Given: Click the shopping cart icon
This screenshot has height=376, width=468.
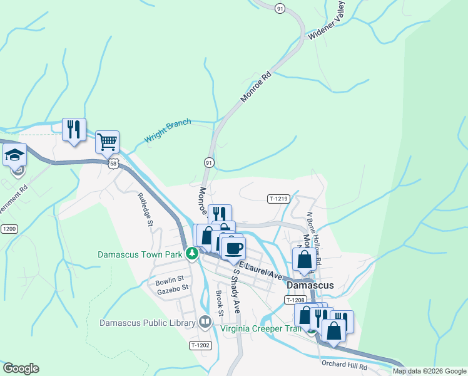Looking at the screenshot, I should (x=107, y=142).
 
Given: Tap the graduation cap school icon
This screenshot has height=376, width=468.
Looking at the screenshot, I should (x=14, y=155).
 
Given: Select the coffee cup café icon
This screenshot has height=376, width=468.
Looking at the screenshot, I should (x=234, y=248).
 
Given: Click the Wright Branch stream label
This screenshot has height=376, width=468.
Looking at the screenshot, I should (x=168, y=130).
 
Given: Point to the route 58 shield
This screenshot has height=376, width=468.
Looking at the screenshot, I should (x=113, y=163).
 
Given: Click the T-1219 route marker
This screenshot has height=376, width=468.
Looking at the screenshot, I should (x=278, y=199).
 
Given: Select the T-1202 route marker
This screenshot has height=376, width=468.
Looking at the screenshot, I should (x=200, y=345).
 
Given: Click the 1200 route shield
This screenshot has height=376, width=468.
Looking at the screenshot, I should (x=9, y=229).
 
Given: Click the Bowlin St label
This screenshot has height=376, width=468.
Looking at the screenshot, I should (x=170, y=278).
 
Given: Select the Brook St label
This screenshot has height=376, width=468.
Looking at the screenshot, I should (x=220, y=303).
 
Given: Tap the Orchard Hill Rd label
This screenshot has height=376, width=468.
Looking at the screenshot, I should (x=345, y=364).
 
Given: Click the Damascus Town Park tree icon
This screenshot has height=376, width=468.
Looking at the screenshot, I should (x=193, y=254).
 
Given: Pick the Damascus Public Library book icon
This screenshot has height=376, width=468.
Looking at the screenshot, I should (x=205, y=323).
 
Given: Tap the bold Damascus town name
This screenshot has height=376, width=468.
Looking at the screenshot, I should (x=310, y=285).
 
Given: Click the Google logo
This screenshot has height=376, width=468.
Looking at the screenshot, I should (x=21, y=368).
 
